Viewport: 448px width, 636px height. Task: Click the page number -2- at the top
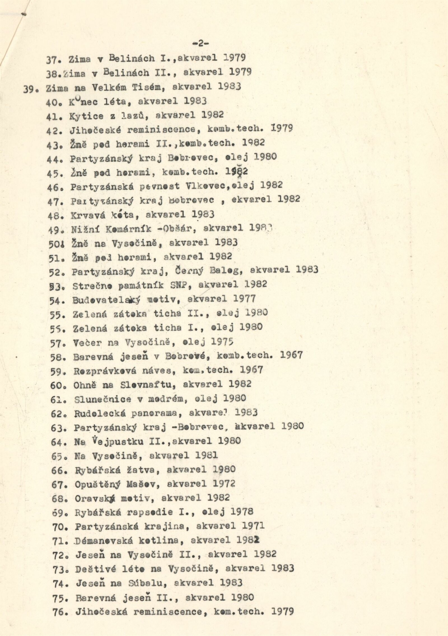[200, 43]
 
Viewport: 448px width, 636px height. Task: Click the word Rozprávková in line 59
[105, 371]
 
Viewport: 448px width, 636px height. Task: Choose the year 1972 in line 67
[224, 484]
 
